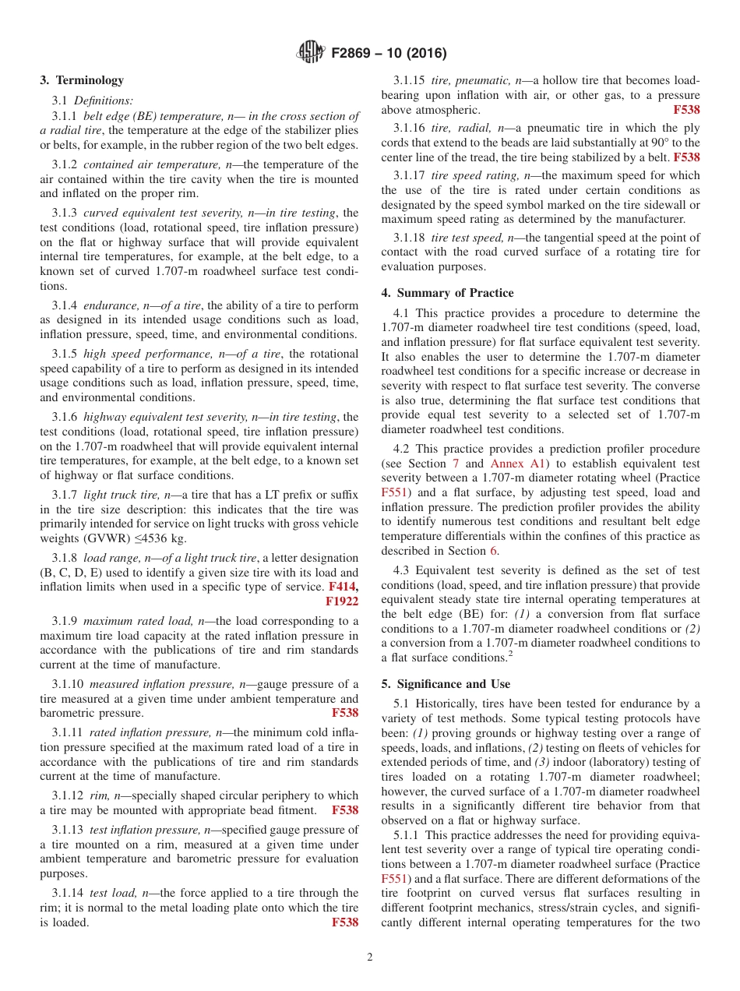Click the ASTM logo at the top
(x=311, y=54)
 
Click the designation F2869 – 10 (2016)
(x=389, y=54)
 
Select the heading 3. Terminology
(x=82, y=80)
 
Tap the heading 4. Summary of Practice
(x=447, y=293)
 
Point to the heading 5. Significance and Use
(x=446, y=684)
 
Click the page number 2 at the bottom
(x=370, y=957)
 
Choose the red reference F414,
(x=343, y=586)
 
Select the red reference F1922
(x=341, y=601)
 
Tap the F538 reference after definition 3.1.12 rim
(x=345, y=810)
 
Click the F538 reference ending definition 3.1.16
(x=686, y=157)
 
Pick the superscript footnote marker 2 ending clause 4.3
(x=509, y=654)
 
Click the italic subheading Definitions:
(x=104, y=101)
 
